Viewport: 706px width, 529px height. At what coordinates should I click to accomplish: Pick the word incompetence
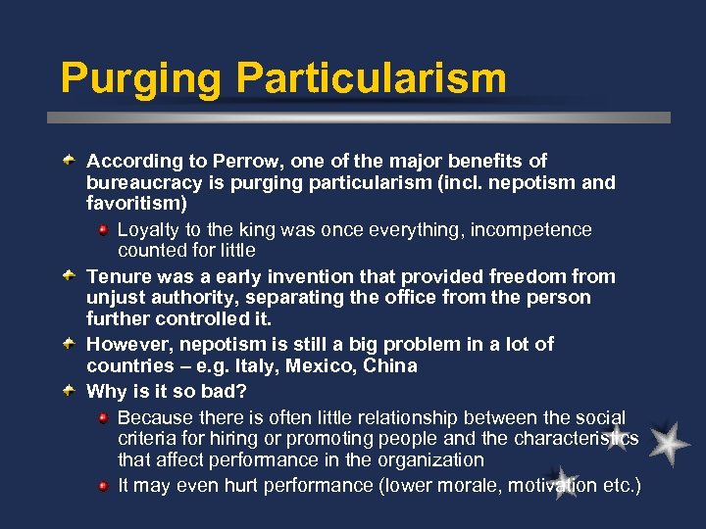531,229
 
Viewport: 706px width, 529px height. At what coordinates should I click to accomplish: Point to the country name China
390,365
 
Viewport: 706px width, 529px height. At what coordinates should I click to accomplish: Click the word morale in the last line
459,485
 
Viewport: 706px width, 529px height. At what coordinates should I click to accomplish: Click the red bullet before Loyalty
104,229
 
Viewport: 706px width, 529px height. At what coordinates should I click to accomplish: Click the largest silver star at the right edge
669,443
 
